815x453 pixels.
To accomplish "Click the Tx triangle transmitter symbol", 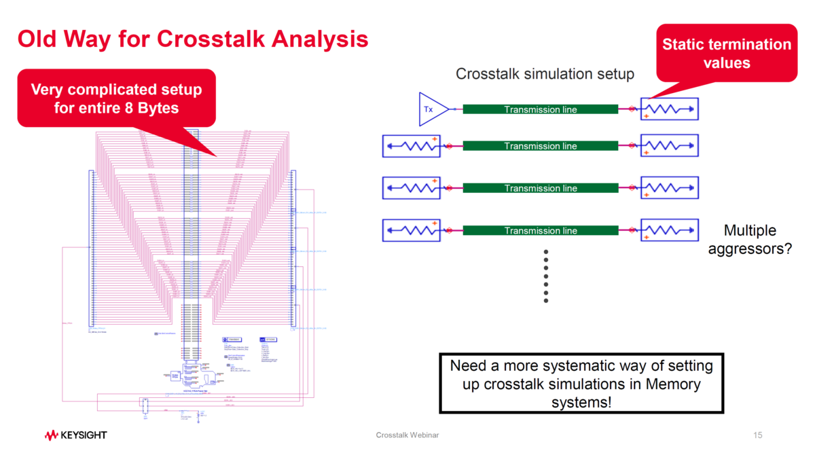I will pos(432,109).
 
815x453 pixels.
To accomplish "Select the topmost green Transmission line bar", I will pos(541,109).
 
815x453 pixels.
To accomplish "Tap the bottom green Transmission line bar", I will pos(541,231).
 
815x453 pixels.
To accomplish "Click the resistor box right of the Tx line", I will pos(669,109).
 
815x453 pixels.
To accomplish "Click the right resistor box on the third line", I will pos(669,188).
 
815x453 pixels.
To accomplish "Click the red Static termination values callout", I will pos(726,53).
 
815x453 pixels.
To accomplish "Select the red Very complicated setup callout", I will pos(116,98).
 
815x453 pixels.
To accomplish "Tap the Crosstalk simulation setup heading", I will pos(545,74).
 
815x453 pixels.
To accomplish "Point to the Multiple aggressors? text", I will pos(750,240).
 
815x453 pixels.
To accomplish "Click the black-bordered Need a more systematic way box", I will pos(581,383).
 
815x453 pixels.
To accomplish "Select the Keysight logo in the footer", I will pos(75,435).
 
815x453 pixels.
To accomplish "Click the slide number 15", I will pos(759,435).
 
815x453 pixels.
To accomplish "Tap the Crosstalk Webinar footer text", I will pos(407,435).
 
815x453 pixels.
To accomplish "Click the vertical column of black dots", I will pos(546,276).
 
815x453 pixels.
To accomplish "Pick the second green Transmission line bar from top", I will pos(541,146).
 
